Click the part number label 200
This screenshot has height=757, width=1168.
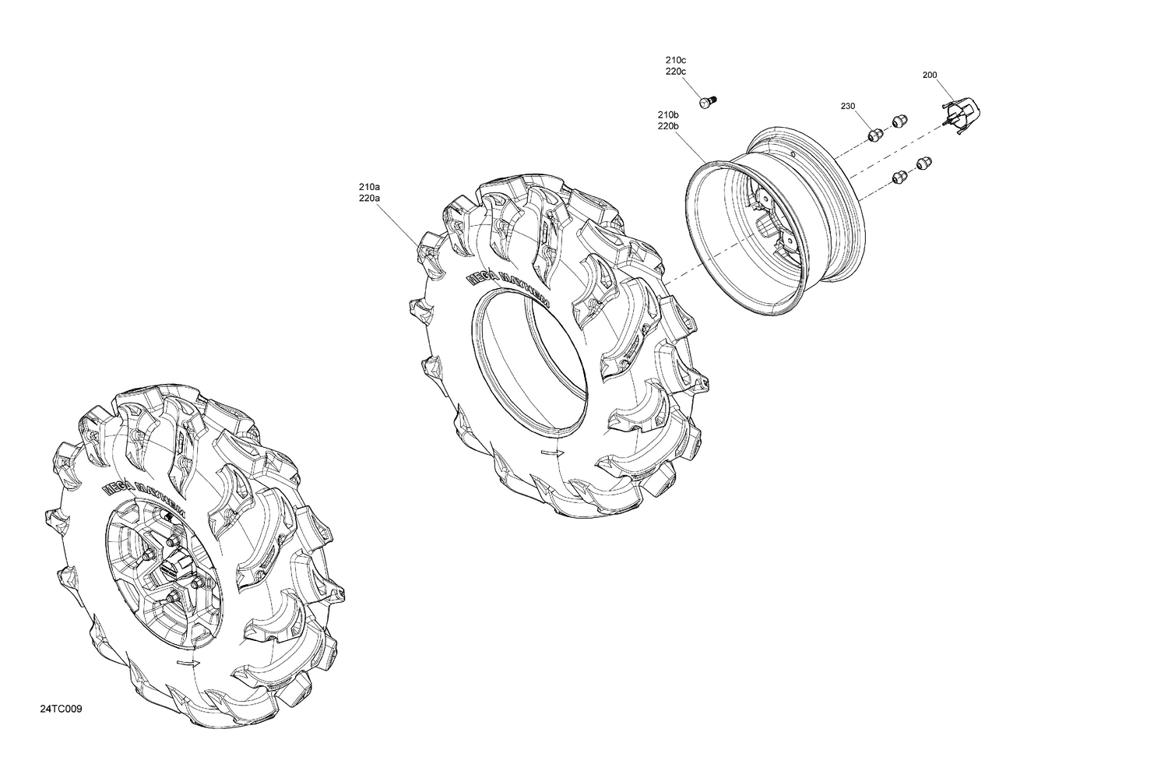929,76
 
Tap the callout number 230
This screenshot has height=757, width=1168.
847,106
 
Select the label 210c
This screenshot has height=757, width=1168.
675,60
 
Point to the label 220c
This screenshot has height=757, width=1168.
675,72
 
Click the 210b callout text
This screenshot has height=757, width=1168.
668,114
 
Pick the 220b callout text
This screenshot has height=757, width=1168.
668,125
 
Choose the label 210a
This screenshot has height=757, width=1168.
369,187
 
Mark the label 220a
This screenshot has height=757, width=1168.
369,199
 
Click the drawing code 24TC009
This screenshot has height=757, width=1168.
62,709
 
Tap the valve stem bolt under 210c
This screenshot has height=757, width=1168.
707,101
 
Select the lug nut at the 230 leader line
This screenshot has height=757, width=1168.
874,135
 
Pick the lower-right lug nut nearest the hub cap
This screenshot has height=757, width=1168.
923,163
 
